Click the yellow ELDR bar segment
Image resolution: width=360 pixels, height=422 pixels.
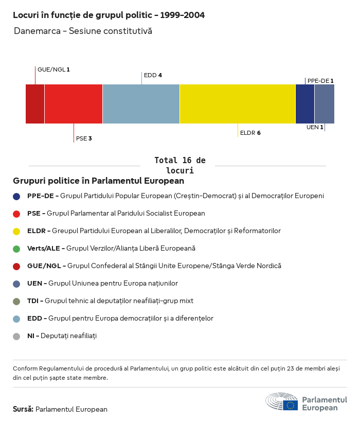pyautogui.click(x=237, y=104)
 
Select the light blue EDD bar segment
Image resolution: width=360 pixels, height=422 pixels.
pyautogui.click(x=141, y=104)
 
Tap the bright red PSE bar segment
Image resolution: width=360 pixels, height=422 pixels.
pyautogui.click(x=74, y=104)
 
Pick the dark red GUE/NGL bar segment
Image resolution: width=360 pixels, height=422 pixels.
pyautogui.click(x=35, y=104)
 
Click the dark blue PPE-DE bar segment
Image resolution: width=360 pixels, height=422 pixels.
pyautogui.click(x=304, y=104)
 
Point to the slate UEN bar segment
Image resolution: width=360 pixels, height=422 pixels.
pyautogui.click(x=324, y=104)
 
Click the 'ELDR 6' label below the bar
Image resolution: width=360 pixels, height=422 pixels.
pyautogui.click(x=250, y=133)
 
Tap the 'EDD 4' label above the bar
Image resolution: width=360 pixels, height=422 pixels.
pyautogui.click(x=153, y=75)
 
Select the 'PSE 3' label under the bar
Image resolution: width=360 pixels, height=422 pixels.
pyautogui.click(x=84, y=138)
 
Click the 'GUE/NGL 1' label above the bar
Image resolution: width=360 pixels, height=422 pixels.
pyautogui.click(x=53, y=69)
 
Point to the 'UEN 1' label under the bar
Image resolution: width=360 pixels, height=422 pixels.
pyautogui.click(x=315, y=127)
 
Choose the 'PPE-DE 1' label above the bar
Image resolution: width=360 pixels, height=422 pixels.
pyautogui.click(x=320, y=81)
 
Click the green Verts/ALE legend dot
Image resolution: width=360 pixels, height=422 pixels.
pyautogui.click(x=16, y=249)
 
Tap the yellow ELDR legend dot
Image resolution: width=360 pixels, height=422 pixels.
pyautogui.click(x=16, y=231)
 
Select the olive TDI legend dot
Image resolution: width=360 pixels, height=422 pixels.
pyautogui.click(x=16, y=301)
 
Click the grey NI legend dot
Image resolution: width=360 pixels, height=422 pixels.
pyautogui.click(x=16, y=336)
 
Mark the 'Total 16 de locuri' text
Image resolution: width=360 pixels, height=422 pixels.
pyautogui.click(x=179, y=165)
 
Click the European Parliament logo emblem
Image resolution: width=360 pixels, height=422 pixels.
pyautogui.click(x=282, y=402)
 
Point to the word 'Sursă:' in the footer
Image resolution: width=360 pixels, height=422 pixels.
pyautogui.click(x=23, y=409)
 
